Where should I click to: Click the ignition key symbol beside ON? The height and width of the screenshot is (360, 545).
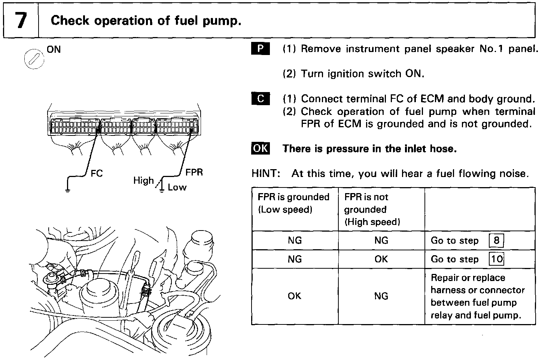pyautogui.click(x=34, y=59)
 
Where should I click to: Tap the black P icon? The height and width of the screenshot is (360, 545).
pyautogui.click(x=260, y=49)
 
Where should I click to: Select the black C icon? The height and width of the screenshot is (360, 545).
pyautogui.click(x=260, y=99)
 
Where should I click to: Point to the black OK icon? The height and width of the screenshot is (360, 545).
pyautogui.click(x=260, y=149)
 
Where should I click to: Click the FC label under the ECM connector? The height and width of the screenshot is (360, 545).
pyautogui.click(x=97, y=174)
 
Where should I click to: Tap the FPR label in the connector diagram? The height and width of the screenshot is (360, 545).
pyautogui.click(x=194, y=173)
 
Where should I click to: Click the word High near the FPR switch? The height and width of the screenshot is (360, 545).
pyautogui.click(x=144, y=181)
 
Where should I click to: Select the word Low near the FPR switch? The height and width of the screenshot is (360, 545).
pyautogui.click(x=177, y=187)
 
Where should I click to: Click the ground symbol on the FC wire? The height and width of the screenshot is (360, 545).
pyautogui.click(x=67, y=191)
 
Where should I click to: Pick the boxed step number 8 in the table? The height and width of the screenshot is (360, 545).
pyautogui.click(x=496, y=240)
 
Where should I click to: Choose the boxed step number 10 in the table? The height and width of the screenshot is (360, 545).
pyautogui.click(x=496, y=259)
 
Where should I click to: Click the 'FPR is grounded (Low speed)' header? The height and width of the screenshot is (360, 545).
pyautogui.click(x=294, y=203)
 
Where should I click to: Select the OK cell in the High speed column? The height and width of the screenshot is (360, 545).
pyautogui.click(x=381, y=259)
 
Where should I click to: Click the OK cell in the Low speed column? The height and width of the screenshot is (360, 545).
pyautogui.click(x=295, y=296)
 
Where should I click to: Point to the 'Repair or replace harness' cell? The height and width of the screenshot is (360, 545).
pyautogui.click(x=478, y=296)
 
